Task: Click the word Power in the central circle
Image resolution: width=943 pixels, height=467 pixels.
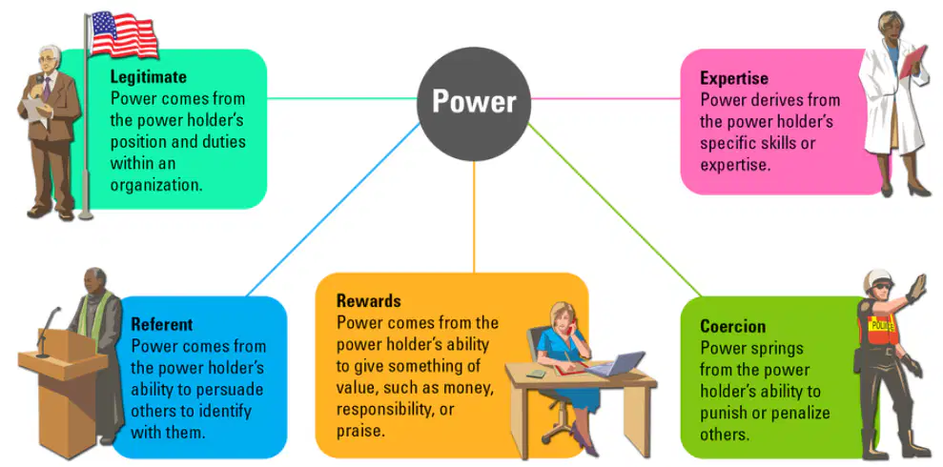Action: coord(474,102)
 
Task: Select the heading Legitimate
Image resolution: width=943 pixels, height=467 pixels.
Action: coord(149,77)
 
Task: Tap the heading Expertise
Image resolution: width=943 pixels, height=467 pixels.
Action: coord(734,78)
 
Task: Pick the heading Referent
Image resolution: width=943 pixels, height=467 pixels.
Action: coord(162,325)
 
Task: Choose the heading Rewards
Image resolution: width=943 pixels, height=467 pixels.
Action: coord(369,300)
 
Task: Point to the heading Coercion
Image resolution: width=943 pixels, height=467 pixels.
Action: coord(732,326)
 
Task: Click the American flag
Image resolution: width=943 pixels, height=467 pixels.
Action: coord(124,34)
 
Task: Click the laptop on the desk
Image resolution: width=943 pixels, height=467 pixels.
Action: coord(613,364)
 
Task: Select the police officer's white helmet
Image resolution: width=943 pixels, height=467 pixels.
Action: coord(878,279)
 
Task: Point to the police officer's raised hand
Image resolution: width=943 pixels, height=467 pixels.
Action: coord(916,288)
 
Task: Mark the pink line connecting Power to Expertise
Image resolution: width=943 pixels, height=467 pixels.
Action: coord(606,98)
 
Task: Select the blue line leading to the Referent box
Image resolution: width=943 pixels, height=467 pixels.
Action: coord(333,209)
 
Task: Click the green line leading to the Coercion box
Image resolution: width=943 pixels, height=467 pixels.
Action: coord(614,210)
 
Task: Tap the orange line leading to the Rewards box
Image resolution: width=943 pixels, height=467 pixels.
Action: coord(474,217)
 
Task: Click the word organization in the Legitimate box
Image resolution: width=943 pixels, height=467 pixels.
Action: coord(155,185)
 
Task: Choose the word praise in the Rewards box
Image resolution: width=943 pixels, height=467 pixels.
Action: coord(359,431)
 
